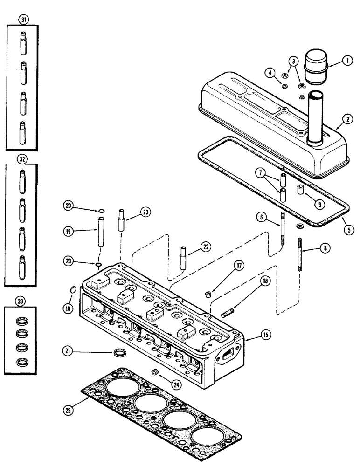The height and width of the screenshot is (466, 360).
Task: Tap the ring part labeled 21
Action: pyautogui.click(x=120, y=350)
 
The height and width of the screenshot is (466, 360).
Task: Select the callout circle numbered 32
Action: pyautogui.click(x=21, y=158)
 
